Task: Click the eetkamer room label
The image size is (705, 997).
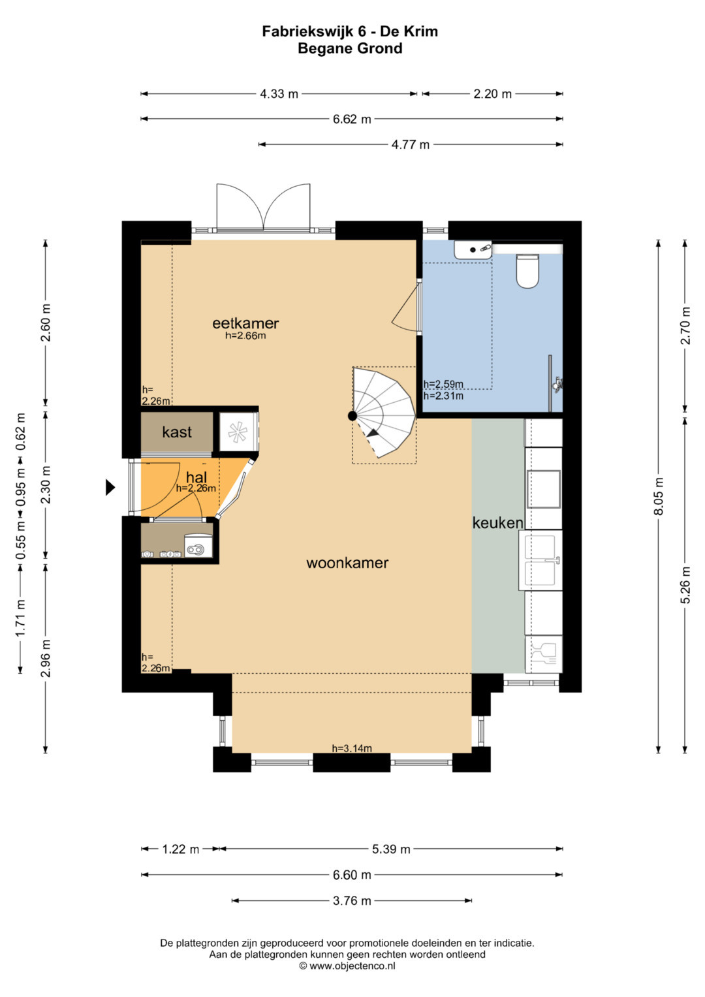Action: click(x=245, y=323)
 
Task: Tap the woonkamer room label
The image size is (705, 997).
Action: click(x=347, y=563)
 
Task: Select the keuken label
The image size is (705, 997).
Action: click(x=497, y=523)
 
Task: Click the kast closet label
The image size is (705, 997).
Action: click(x=177, y=432)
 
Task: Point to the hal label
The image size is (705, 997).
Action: click(x=196, y=477)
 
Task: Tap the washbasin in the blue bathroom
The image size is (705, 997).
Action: click(x=473, y=249)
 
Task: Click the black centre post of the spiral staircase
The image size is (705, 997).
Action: click(x=352, y=416)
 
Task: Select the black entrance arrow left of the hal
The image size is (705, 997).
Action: click(x=110, y=487)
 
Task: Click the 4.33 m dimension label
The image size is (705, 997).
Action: click(x=279, y=95)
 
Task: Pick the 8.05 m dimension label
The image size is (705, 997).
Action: click(x=659, y=496)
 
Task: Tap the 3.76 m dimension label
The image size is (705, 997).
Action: click(x=352, y=901)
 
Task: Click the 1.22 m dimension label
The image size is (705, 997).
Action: click(x=180, y=849)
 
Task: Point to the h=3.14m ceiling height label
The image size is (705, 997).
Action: click(x=352, y=749)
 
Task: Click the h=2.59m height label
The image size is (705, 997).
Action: click(x=443, y=384)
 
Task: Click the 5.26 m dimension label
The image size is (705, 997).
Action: click(x=685, y=585)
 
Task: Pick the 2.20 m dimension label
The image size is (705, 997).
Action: click(x=492, y=95)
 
